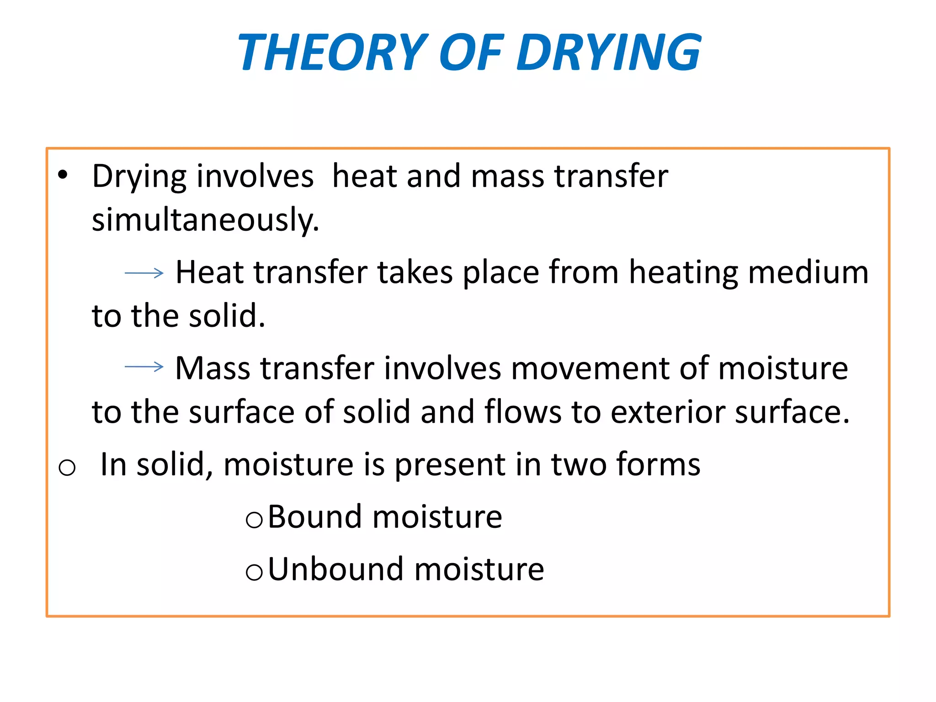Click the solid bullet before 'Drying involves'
point(63,175)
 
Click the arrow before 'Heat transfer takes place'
point(144,273)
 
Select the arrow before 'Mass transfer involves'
point(144,367)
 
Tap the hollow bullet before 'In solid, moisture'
point(67,468)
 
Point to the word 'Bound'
point(315,517)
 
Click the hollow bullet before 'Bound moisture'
point(254,520)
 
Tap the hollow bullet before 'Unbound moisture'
point(254,572)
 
